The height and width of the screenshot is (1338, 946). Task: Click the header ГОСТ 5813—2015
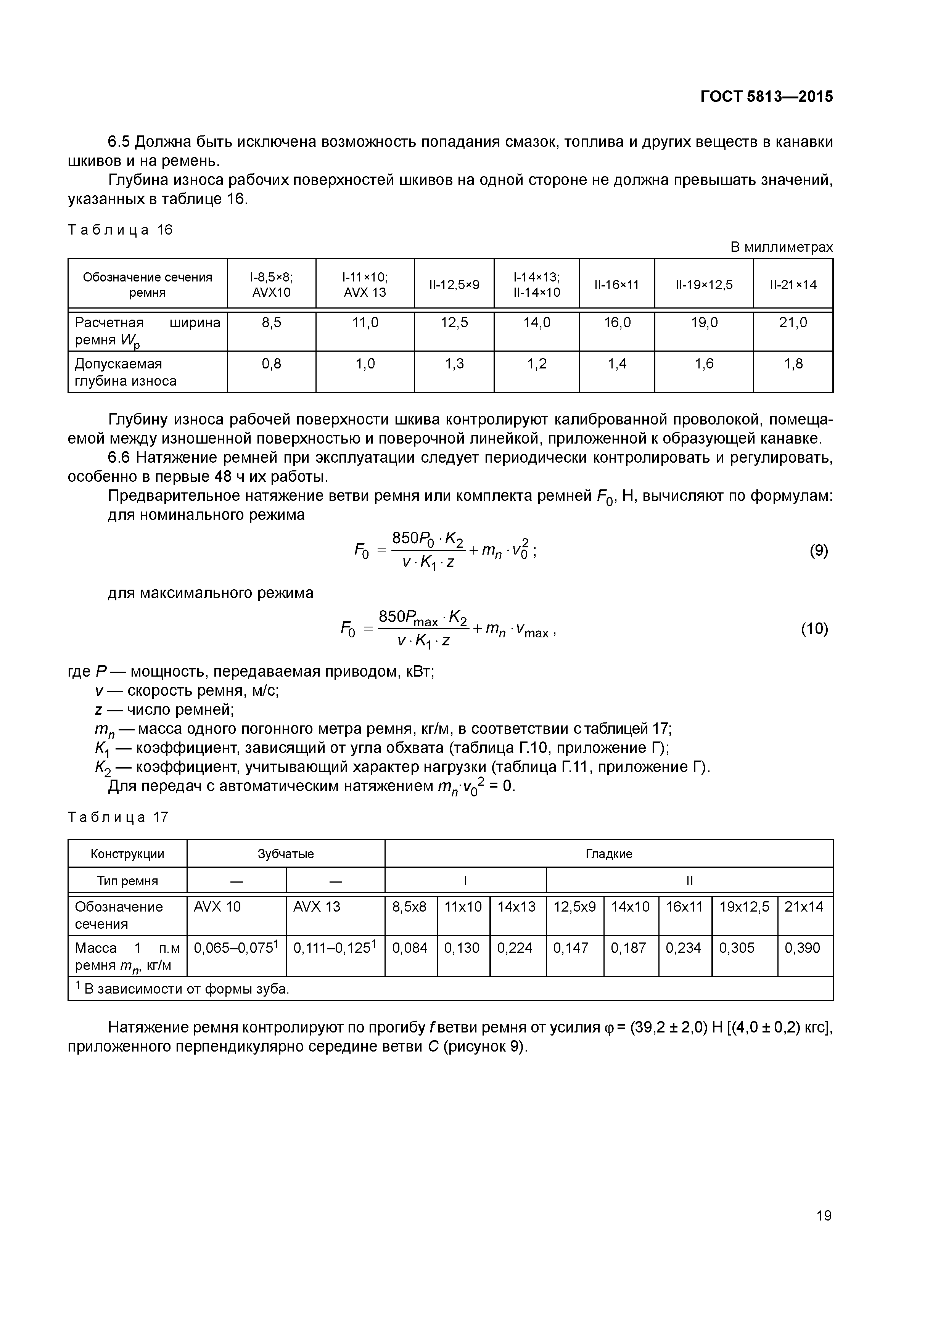tap(766, 97)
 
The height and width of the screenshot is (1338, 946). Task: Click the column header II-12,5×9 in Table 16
tap(454, 285)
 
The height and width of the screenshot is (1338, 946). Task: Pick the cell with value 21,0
tap(793, 322)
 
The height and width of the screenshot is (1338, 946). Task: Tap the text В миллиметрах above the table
tap(782, 247)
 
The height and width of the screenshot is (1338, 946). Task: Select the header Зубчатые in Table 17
tap(286, 854)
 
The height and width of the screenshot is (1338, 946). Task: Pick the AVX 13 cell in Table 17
tap(317, 907)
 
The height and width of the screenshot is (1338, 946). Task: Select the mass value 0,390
tap(802, 947)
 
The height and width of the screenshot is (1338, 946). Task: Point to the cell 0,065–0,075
tap(235, 947)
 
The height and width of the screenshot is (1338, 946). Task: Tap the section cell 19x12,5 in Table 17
tap(744, 907)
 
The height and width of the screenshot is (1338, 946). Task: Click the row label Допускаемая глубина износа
tap(125, 372)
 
